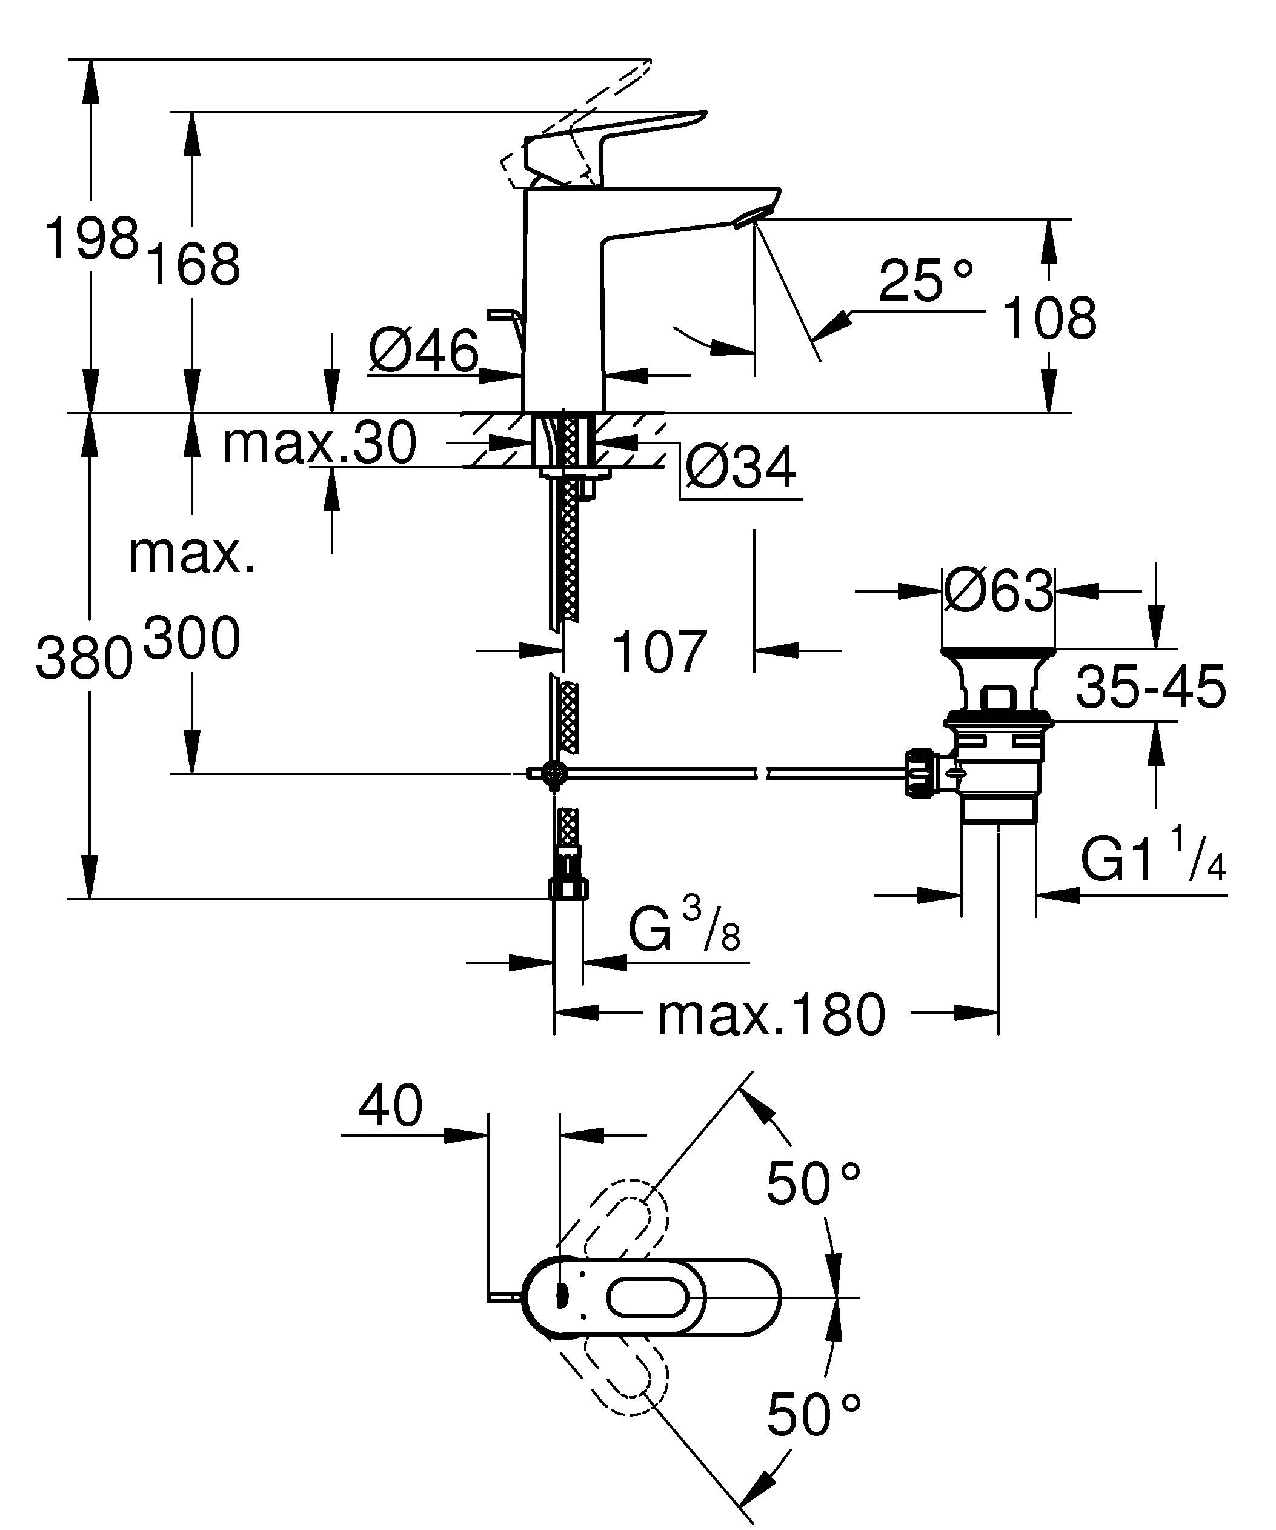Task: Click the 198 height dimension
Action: point(91,238)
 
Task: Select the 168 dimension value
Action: point(193,264)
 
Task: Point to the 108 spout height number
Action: point(1049,318)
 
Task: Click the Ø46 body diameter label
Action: point(424,351)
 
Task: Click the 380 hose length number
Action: point(84,658)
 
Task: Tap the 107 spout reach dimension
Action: point(659,651)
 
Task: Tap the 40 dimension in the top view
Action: point(390,1105)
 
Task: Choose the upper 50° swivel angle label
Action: point(814,1184)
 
